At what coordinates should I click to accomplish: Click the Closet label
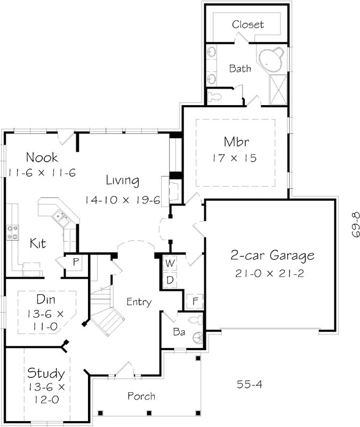248,25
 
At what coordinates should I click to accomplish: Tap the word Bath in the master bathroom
239,68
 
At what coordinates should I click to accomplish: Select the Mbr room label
237,143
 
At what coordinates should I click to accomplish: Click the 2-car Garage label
272,256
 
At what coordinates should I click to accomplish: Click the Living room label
122,180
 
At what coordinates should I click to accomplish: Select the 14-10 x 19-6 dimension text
122,199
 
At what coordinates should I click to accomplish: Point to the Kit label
37,243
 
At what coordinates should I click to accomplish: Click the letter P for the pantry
76,262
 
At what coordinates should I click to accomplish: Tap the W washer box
170,263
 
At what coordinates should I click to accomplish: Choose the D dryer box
170,280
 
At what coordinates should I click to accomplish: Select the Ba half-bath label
179,331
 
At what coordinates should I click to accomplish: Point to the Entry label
139,302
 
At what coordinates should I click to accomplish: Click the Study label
46,373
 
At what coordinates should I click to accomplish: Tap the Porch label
141,396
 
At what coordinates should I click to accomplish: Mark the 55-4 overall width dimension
248,384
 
